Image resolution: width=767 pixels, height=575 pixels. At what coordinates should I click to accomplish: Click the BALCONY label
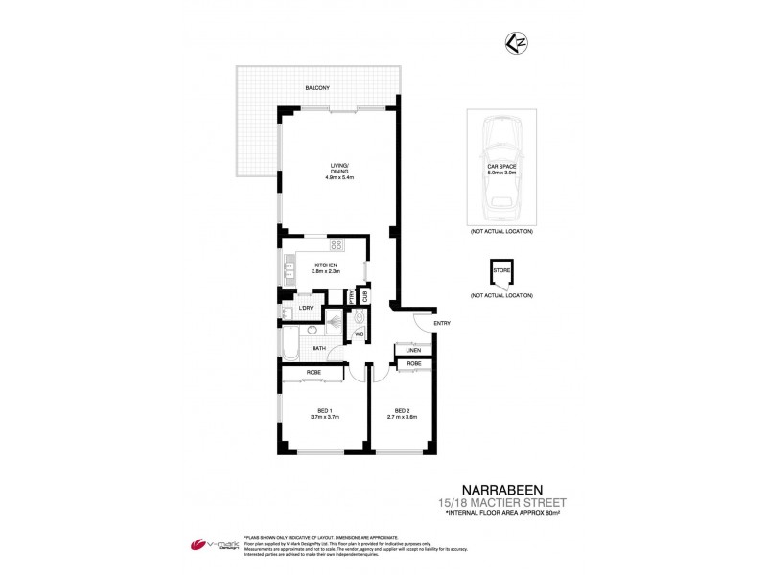[318, 88]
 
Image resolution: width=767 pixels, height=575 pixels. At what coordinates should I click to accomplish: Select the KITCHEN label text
[326, 265]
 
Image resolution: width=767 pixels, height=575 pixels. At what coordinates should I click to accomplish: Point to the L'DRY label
[307, 307]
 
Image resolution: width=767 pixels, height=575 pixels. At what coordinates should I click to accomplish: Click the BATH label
[318, 349]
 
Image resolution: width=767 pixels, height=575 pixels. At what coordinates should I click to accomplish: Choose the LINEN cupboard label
[414, 351]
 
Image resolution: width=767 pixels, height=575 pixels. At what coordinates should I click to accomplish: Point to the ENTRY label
[442, 323]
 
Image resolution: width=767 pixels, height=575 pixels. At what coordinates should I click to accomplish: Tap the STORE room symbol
[501, 273]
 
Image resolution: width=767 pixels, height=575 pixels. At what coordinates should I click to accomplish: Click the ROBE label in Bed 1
[314, 372]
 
